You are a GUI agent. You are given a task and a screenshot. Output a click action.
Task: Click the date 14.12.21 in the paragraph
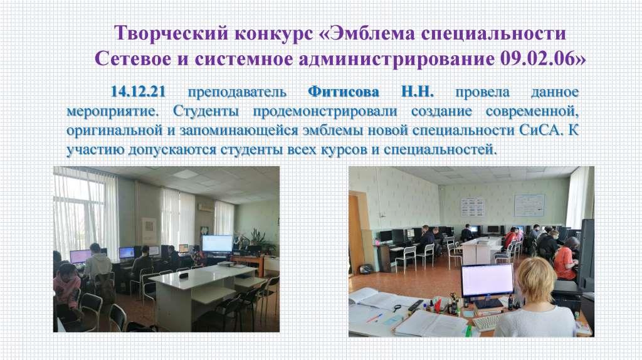coord(138,92)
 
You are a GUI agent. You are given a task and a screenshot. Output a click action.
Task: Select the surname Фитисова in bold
coord(343,92)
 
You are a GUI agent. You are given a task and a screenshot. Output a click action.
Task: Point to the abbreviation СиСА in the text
coord(539,130)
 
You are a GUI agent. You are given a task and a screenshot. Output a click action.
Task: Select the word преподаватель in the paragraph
coord(236,92)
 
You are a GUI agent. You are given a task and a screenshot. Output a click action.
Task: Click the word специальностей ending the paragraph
coord(440,150)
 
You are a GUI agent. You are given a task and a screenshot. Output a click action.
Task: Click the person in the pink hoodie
coord(66,287)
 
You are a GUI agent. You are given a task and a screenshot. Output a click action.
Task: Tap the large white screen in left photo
coord(217,244)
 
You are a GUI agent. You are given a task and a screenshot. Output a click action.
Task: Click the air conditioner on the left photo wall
coord(206,207)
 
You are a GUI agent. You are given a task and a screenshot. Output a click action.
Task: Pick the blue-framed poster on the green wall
coord(529,205)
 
